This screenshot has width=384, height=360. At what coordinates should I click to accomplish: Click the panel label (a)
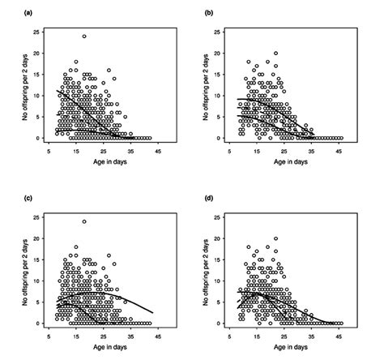[x=9, y=13]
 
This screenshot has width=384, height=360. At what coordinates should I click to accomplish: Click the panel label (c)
[x=9, y=199]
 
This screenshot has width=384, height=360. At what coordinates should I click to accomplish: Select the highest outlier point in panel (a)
[x=83, y=36]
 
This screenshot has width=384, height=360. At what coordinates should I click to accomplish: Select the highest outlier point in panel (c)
[x=83, y=221]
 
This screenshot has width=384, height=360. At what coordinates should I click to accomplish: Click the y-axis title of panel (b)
[x=214, y=84]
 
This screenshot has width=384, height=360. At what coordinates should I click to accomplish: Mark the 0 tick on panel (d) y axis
[x=240, y=324]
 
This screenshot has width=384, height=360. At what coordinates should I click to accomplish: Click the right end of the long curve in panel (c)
[x=176, y=312]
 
